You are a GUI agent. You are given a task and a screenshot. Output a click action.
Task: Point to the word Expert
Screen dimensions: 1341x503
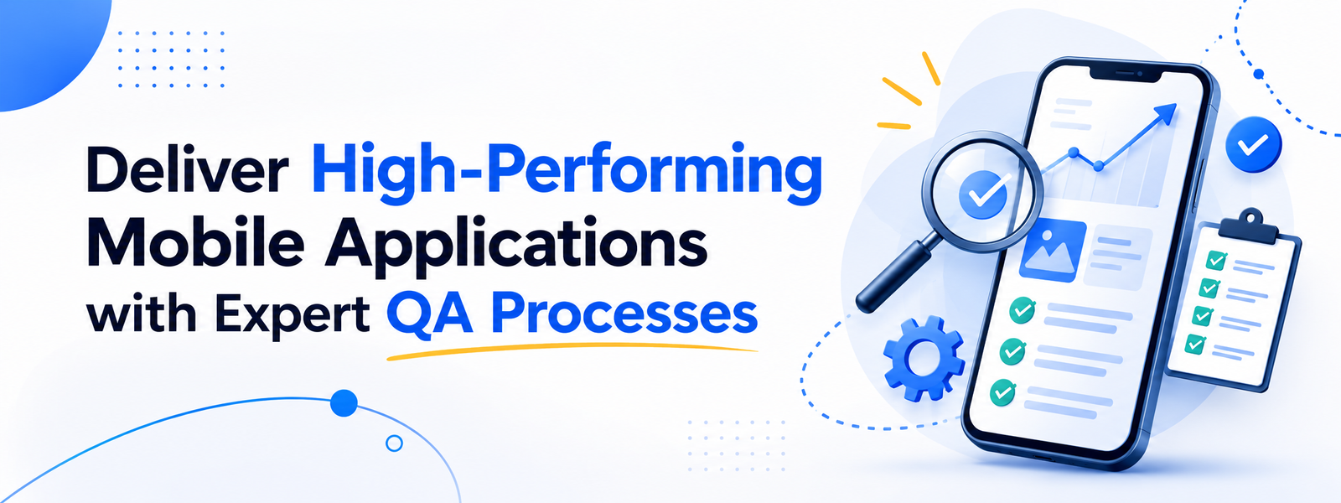[x=292, y=315]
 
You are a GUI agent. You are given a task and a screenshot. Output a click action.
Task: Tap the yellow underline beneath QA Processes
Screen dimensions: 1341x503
[x=572, y=350]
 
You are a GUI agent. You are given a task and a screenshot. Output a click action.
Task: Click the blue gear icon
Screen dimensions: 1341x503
[x=924, y=357]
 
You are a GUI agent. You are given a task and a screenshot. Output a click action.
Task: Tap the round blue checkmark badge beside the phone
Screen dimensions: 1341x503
[x=1254, y=144]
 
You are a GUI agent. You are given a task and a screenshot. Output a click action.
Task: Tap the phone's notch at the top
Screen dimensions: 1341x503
[x=1116, y=75]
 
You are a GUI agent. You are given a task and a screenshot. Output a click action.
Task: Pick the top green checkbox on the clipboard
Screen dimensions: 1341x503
[x=1216, y=261]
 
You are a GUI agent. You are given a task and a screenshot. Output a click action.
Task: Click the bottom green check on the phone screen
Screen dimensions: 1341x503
[x=1002, y=392]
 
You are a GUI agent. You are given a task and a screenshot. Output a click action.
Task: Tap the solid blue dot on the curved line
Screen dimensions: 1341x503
[x=344, y=403]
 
